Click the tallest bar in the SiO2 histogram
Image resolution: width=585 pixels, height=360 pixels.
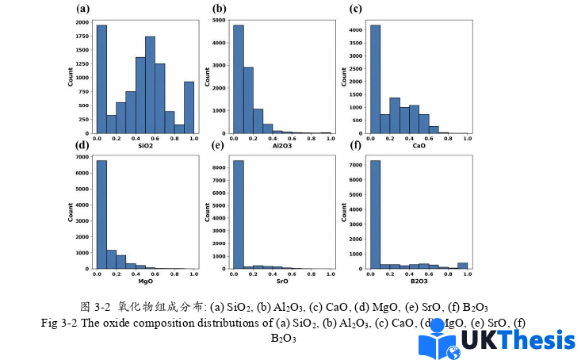click(101, 79)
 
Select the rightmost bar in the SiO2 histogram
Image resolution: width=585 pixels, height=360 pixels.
click(189, 108)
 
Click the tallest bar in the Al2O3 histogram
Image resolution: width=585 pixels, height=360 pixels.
click(238, 79)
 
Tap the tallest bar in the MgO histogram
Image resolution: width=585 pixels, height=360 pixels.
click(101, 215)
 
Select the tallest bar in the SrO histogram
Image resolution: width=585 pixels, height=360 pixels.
click(238, 215)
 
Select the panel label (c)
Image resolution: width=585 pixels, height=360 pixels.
click(356, 9)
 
